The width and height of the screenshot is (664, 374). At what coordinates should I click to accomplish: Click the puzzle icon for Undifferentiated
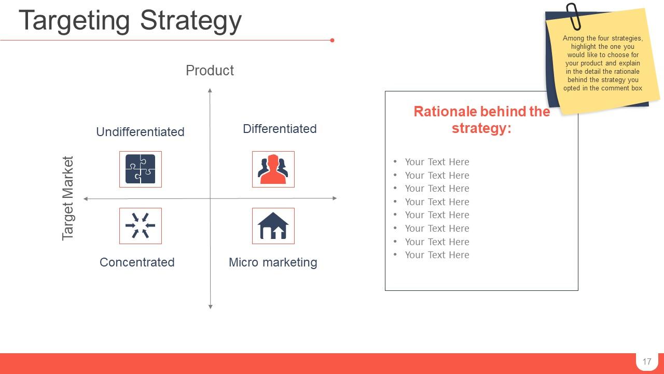coord(140,169)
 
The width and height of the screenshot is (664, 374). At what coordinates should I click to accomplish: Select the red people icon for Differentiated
coord(273,169)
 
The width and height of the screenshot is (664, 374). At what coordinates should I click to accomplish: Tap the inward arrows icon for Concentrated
coord(140,225)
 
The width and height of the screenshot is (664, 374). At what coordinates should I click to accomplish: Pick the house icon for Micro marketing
coord(273,225)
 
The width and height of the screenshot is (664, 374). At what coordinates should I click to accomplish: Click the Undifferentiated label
coord(140,132)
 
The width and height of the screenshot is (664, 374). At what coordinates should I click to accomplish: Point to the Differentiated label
coord(280,129)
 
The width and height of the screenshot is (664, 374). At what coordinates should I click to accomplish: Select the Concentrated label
coord(137,262)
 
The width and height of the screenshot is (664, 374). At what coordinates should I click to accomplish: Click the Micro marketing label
coord(273,262)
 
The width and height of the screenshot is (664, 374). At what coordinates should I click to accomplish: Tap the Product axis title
coord(210,71)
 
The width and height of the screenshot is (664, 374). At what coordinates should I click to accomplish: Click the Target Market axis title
coord(68,198)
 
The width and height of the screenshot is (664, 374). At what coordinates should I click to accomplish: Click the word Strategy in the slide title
coord(190,21)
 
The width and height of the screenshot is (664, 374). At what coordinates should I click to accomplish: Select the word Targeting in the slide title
coord(75,21)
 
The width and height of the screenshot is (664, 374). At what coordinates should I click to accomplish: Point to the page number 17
coord(646,362)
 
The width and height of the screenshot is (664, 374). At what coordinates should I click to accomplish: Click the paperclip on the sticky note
coord(573,16)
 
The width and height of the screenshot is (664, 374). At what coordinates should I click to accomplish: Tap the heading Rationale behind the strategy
coord(481,120)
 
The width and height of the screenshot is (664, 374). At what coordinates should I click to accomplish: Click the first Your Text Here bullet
coord(437,162)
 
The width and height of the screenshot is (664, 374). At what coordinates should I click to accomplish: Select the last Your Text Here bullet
coord(437,255)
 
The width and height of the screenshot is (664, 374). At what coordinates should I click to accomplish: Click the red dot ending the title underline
coord(332,40)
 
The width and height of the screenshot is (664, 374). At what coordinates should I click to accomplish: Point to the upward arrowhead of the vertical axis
coord(210,91)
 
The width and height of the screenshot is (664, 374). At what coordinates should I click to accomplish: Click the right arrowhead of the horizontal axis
coord(335,198)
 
